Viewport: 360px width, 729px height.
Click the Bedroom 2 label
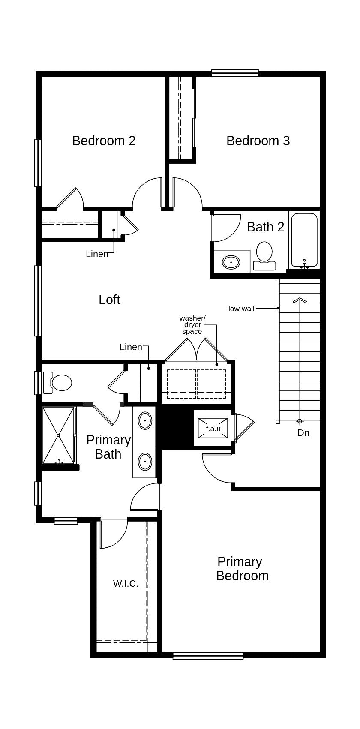coord(104,141)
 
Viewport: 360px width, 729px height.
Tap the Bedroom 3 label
coord(258,141)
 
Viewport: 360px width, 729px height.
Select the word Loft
coord(109,300)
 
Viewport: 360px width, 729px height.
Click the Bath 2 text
coord(265,227)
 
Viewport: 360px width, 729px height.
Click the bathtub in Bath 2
coord(304,240)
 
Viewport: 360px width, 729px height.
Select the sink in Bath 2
coord(231,262)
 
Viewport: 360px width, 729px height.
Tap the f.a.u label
coord(213,429)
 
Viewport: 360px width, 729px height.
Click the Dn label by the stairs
coord(303,433)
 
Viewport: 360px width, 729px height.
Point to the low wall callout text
coord(241,309)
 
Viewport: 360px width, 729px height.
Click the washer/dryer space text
coord(192,324)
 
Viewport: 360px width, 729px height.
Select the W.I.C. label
coord(126,584)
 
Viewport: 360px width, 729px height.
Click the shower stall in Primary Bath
coord(58,435)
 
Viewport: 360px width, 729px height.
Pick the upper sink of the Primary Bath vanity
coord(145,421)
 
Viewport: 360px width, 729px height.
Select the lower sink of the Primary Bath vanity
coord(145,462)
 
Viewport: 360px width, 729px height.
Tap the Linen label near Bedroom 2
coord(97,254)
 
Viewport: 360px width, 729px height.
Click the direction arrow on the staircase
coord(300,300)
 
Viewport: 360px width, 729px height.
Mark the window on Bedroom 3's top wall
coord(235,73)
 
